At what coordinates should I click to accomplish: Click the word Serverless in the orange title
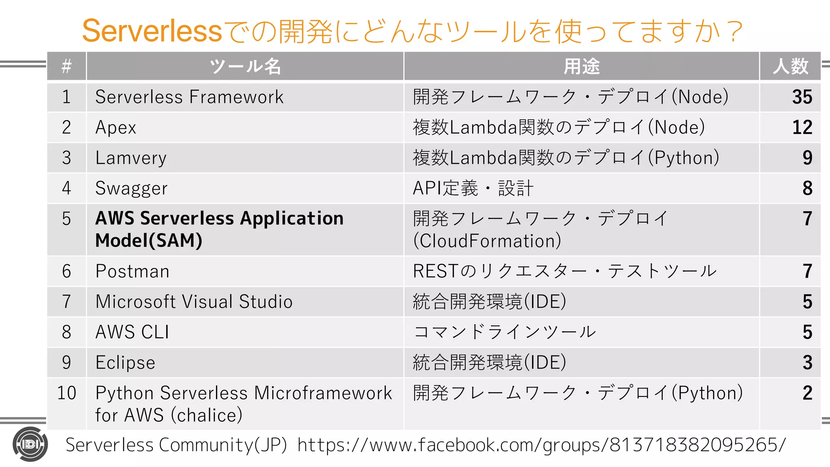coord(152,31)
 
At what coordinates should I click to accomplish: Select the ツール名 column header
coord(245,66)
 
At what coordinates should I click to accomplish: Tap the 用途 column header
coord(582,66)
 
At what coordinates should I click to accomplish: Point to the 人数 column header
coord(790,66)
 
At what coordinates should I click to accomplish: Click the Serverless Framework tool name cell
coord(189,97)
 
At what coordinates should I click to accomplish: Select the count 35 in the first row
coord(802,97)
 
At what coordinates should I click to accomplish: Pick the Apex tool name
coord(116,128)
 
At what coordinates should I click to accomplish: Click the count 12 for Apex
coord(802,128)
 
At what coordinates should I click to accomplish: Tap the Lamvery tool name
coord(131,158)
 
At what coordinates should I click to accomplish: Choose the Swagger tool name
coord(131,189)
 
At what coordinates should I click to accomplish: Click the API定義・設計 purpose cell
coord(473,189)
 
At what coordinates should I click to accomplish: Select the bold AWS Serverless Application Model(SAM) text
coord(219,229)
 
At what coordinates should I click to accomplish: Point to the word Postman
coord(132,271)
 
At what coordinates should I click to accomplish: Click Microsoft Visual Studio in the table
coord(194,302)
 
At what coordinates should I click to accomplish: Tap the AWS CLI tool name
coord(132,332)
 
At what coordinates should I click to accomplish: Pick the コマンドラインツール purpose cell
coord(505,332)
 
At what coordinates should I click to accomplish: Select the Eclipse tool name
coord(125,362)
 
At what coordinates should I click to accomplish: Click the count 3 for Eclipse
coord(807,362)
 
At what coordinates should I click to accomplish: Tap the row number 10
coord(66,393)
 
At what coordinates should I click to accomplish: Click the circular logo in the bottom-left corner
coord(30,444)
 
